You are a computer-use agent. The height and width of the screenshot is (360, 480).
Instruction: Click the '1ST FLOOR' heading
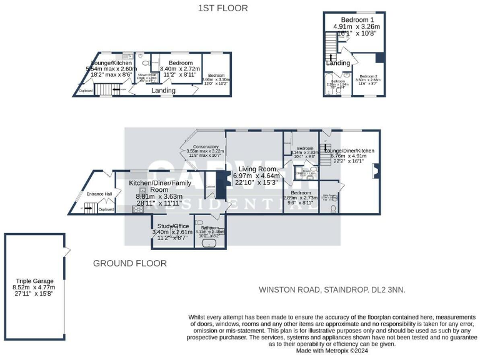(222, 8)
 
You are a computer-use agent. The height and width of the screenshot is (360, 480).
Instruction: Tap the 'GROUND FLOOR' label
(129, 264)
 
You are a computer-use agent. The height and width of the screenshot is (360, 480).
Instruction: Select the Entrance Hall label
(99, 194)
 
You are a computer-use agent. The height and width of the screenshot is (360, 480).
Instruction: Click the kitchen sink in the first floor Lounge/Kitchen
(124, 56)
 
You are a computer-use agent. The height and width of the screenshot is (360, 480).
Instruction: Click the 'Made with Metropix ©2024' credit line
(332, 351)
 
